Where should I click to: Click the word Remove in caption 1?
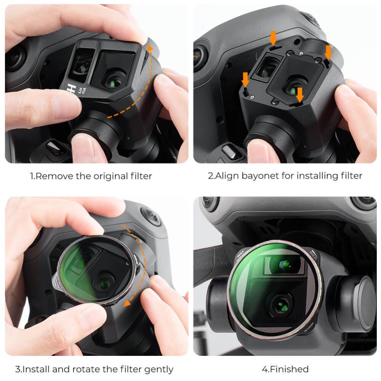coord(51,176)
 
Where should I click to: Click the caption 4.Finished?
coord(285,369)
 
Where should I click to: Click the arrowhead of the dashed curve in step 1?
coord(150,49)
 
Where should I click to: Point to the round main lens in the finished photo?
coord(281,305)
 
